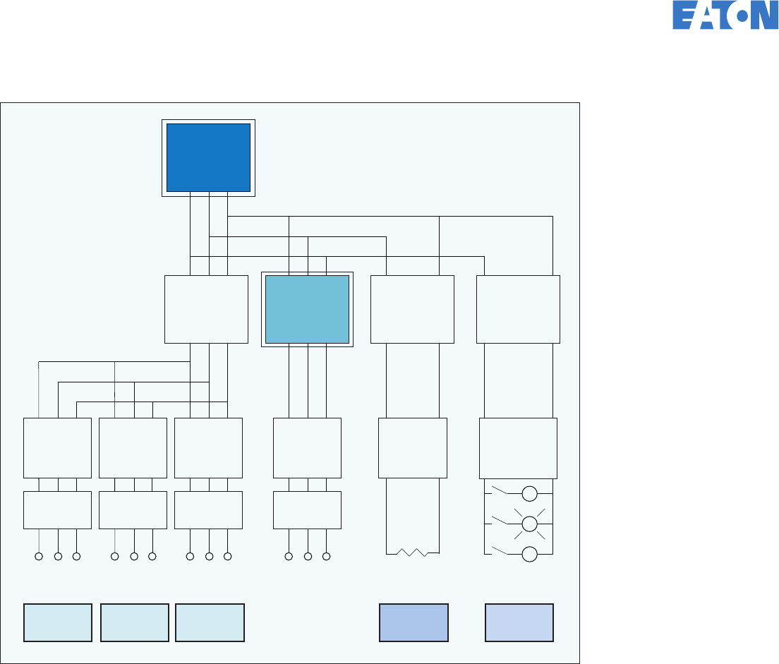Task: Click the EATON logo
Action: click(x=725, y=15)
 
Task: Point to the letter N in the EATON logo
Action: click(x=765, y=15)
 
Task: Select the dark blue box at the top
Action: click(x=208, y=157)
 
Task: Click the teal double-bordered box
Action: click(x=307, y=309)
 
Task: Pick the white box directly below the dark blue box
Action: click(x=206, y=309)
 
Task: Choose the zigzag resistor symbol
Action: click(x=413, y=552)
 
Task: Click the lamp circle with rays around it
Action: click(x=530, y=523)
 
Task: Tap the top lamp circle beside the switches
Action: click(x=530, y=493)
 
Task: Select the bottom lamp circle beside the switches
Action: click(x=530, y=554)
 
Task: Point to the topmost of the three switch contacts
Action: click(x=499, y=489)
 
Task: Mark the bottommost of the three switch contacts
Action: click(x=499, y=550)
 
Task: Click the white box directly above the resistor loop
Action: click(x=413, y=448)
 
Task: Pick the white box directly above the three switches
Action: click(x=518, y=448)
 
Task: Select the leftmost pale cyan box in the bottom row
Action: click(x=58, y=622)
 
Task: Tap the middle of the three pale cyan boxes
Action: click(x=135, y=622)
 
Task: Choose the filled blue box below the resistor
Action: click(x=413, y=622)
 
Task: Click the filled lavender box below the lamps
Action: click(x=519, y=622)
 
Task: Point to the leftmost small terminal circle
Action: click(x=39, y=557)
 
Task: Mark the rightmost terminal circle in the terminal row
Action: click(x=326, y=557)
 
